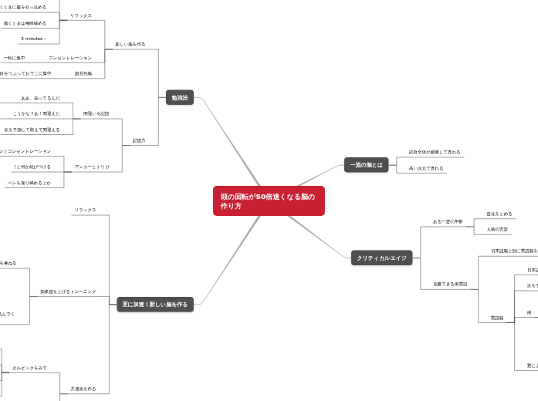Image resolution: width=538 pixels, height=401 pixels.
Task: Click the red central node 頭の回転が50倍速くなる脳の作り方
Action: pos(269,201)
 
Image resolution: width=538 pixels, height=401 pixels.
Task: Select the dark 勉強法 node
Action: pos(180,98)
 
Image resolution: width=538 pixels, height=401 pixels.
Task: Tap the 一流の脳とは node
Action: pos(367,165)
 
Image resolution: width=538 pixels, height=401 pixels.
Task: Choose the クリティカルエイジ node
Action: pos(382,258)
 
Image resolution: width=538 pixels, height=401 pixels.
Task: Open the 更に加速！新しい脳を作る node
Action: pos(155,305)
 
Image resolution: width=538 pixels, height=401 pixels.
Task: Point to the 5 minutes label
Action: pos(33,38)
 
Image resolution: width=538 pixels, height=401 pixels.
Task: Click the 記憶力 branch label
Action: pos(139,140)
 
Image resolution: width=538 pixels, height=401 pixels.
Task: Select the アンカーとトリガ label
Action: pos(92,167)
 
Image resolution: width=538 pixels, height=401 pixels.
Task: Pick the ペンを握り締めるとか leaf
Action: pos(29,183)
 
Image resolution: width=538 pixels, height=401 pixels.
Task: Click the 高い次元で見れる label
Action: pos(426,168)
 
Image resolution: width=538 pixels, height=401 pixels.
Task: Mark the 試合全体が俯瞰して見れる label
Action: pos(435,152)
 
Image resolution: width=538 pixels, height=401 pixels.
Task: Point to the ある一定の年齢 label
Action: pos(448,221)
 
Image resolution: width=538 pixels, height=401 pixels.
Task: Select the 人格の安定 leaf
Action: pos(497,229)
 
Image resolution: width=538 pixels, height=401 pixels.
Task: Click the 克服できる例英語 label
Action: pos(450,285)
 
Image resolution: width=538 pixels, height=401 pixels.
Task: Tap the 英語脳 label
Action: pos(496,318)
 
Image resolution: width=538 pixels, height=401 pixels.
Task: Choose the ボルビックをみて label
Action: pos(29,368)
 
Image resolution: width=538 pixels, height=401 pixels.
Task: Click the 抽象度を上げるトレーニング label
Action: pos(68,291)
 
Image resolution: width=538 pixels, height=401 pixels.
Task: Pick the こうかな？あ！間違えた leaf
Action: pos(36,113)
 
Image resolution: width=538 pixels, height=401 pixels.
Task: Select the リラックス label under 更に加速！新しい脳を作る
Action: pos(85,210)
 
